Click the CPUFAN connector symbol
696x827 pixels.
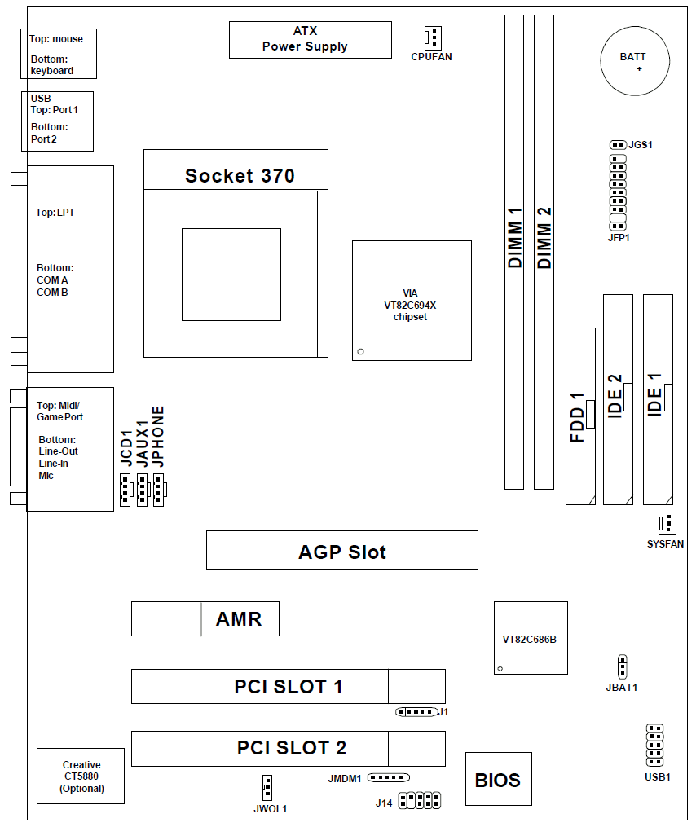(432, 37)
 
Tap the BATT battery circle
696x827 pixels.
(635, 62)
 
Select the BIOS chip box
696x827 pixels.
(498, 780)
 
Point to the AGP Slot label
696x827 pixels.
(342, 552)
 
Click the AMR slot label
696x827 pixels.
(239, 619)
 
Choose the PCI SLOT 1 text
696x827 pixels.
(289, 687)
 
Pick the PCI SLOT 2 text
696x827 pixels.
(292, 748)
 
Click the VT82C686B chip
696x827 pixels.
(530, 638)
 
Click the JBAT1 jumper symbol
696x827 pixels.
(622, 666)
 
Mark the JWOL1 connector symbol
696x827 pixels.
(267, 787)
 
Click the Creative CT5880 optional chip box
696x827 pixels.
(81, 776)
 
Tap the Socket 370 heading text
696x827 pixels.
(240, 175)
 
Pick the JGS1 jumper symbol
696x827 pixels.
(617, 144)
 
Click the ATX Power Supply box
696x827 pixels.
(310, 39)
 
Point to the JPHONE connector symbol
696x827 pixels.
(159, 490)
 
